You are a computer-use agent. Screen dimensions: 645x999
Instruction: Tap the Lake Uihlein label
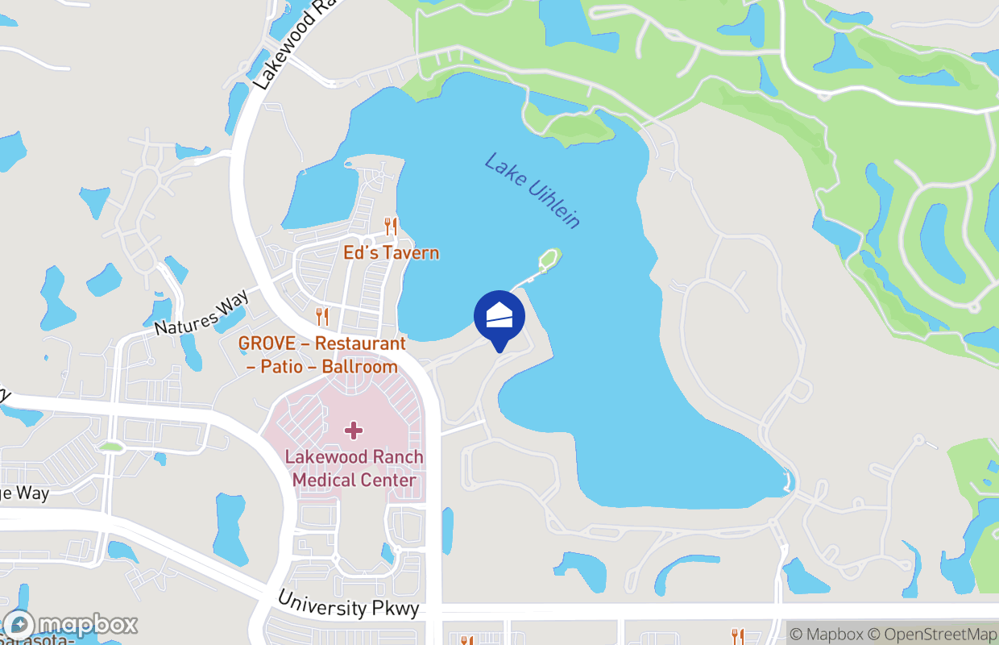point(532,190)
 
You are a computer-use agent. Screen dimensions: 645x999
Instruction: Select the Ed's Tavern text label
point(392,253)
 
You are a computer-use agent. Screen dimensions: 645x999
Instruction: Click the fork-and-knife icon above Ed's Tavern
point(392,227)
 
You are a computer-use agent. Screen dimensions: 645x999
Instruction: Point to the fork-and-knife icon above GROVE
point(322,316)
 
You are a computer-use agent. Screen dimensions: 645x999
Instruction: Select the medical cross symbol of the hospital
point(353,431)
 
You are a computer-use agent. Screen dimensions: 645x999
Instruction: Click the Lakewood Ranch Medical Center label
point(354,468)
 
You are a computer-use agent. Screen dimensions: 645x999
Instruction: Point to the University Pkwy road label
point(348,605)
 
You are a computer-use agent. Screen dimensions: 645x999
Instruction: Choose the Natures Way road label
point(202,315)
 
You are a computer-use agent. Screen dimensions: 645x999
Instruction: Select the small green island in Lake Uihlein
point(549,259)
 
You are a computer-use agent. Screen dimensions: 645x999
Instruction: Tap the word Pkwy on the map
point(396,609)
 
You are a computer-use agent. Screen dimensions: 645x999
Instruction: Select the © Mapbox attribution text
point(827,635)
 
